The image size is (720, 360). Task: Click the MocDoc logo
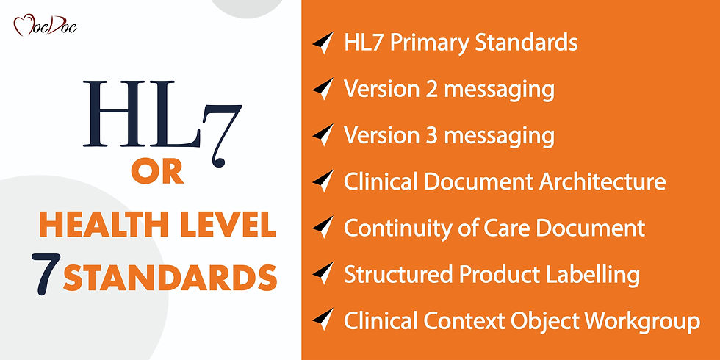click(45, 26)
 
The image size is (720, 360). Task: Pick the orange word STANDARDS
click(170, 278)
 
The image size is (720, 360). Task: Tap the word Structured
click(397, 275)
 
